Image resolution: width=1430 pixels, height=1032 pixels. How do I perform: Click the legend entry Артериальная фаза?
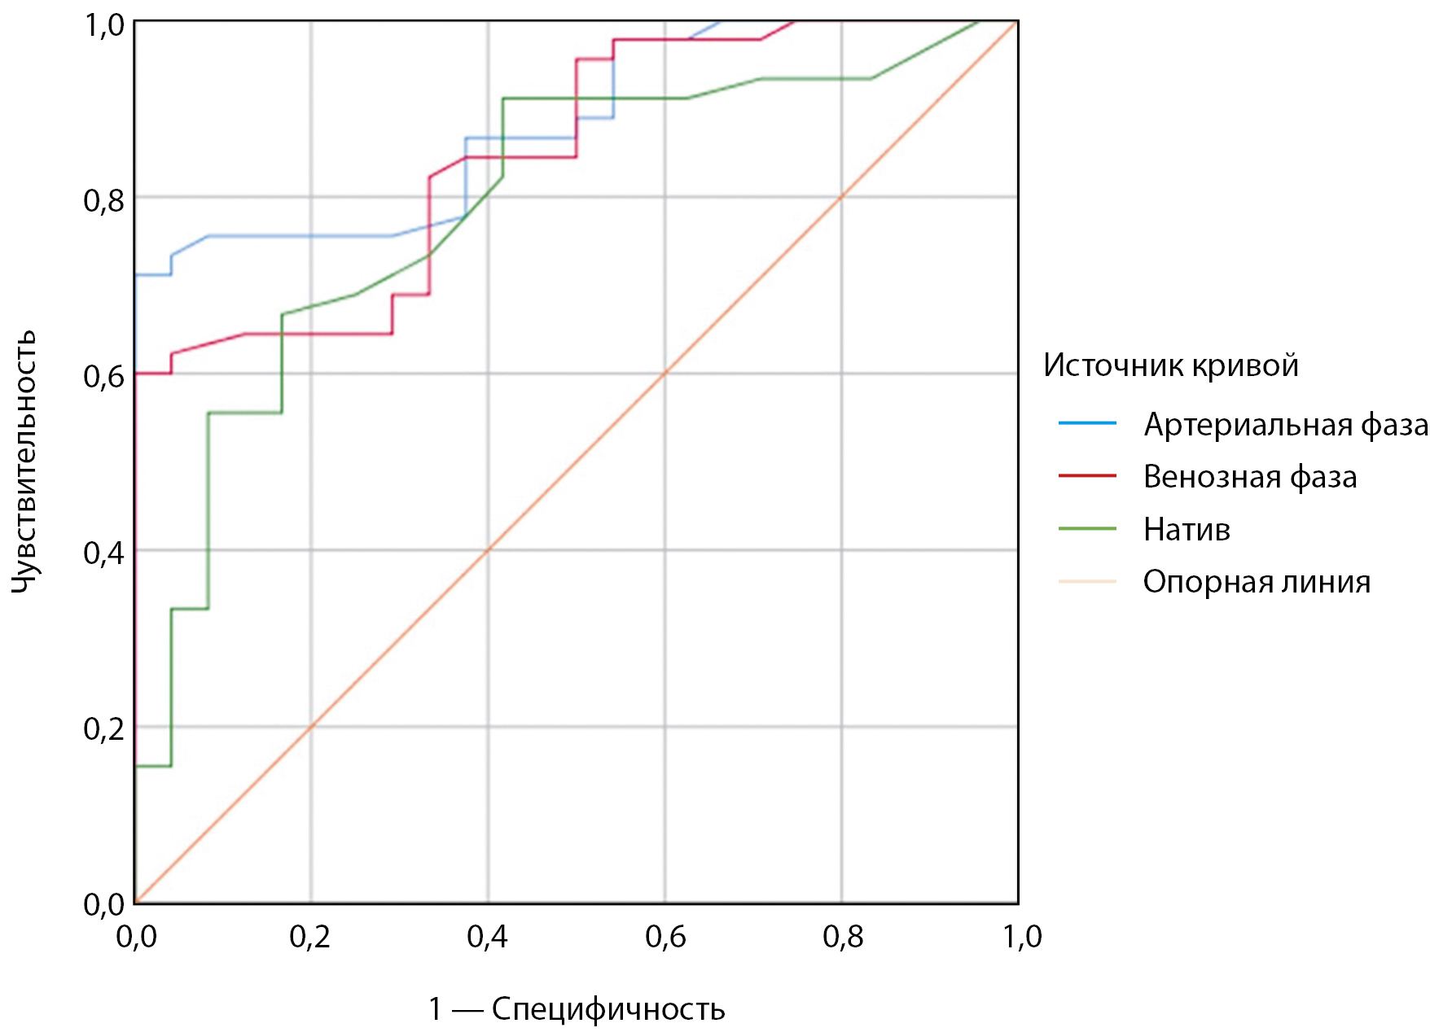click(x=1285, y=425)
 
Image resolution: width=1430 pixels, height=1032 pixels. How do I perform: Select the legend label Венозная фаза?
click(x=1250, y=477)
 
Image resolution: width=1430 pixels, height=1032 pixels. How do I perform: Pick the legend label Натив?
click(x=1187, y=530)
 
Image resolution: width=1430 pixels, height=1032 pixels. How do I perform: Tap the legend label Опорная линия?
click(x=1257, y=582)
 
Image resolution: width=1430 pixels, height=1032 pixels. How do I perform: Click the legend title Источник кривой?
click(x=1170, y=365)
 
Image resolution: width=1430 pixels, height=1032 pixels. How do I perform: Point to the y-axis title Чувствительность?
click(x=24, y=461)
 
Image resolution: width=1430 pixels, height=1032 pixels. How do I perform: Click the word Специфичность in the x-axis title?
click(x=608, y=1009)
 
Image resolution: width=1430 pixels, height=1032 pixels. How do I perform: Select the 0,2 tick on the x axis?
click(x=310, y=937)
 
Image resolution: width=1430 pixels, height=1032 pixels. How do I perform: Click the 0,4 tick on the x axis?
click(x=487, y=937)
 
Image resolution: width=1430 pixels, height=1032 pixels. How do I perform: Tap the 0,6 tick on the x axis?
click(x=665, y=937)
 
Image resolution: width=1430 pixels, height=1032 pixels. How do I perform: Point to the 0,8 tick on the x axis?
click(x=842, y=937)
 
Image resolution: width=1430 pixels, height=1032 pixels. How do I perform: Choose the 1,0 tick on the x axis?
click(x=1021, y=937)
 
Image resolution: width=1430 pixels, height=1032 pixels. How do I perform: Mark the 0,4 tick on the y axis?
click(x=104, y=553)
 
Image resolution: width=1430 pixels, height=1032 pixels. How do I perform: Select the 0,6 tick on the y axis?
click(x=104, y=376)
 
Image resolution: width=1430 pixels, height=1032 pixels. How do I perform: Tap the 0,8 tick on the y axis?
click(x=104, y=199)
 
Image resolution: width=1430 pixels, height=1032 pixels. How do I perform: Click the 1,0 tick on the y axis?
click(x=104, y=25)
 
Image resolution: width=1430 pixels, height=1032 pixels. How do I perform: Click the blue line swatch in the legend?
click(x=1087, y=423)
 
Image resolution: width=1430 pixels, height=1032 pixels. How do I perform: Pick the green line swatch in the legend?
click(x=1087, y=529)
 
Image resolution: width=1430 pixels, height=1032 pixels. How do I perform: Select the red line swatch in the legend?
click(x=1087, y=475)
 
